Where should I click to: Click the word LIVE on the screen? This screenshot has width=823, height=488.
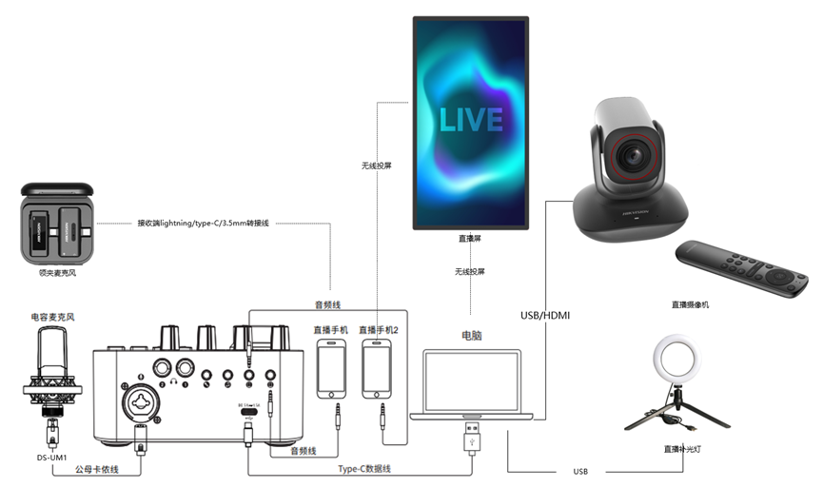click(x=470, y=119)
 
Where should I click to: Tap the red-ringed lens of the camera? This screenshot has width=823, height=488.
click(x=631, y=152)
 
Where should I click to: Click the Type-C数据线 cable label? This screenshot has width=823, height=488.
click(x=365, y=468)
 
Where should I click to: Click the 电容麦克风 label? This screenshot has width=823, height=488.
click(x=51, y=316)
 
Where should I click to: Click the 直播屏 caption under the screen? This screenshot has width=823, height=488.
click(x=469, y=241)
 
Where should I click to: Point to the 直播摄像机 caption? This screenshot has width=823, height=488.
click(x=690, y=304)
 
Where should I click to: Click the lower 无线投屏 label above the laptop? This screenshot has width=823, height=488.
click(x=469, y=272)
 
